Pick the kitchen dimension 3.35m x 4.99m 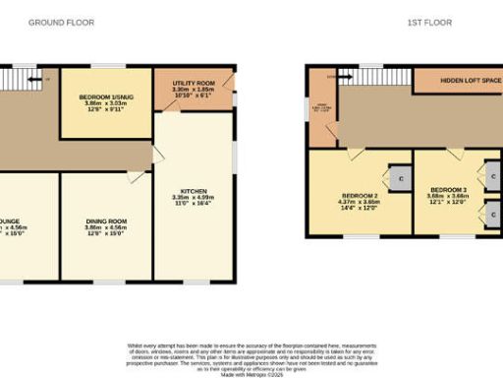click(x=194, y=198)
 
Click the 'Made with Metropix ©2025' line click(x=251, y=372)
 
